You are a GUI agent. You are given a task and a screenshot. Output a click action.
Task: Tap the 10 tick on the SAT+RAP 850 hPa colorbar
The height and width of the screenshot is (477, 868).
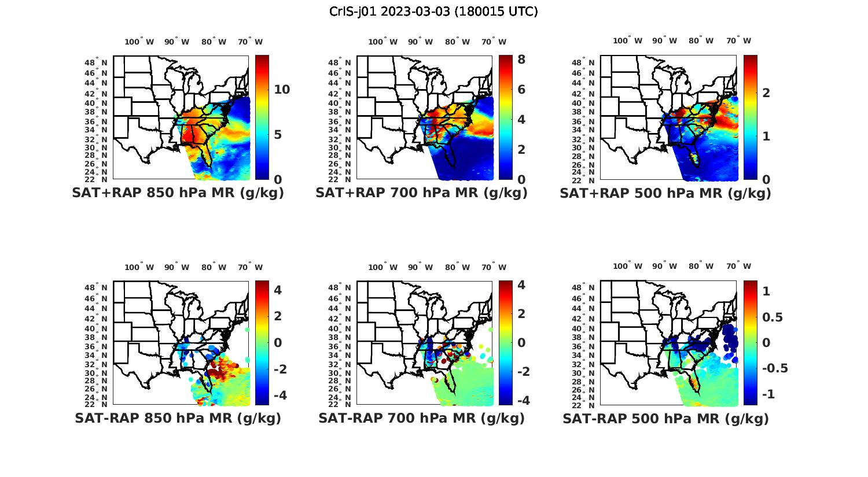point(282,90)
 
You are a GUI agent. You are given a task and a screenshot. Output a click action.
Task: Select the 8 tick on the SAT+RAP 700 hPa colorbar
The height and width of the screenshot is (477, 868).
point(521,60)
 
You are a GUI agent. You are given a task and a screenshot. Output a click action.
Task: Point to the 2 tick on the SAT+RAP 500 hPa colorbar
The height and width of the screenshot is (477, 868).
point(766,93)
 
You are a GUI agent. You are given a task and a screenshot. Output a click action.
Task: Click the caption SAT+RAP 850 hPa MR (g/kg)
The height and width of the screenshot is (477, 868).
point(178,193)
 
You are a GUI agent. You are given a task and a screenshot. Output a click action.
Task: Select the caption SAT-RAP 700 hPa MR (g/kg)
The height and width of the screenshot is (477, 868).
point(421,418)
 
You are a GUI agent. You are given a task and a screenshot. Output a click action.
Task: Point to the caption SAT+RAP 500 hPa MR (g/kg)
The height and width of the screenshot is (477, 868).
point(665,193)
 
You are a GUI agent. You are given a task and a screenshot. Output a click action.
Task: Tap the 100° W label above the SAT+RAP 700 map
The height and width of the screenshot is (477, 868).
point(382,42)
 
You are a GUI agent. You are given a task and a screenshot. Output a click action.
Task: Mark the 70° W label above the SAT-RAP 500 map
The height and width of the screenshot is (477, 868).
point(739,267)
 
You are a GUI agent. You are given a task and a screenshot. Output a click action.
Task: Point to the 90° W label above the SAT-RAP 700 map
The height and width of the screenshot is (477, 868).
point(420,267)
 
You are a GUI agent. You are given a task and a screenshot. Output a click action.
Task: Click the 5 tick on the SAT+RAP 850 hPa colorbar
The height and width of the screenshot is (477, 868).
point(277,135)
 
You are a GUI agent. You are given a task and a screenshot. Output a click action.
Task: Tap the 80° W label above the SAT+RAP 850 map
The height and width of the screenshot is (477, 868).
point(214,42)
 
